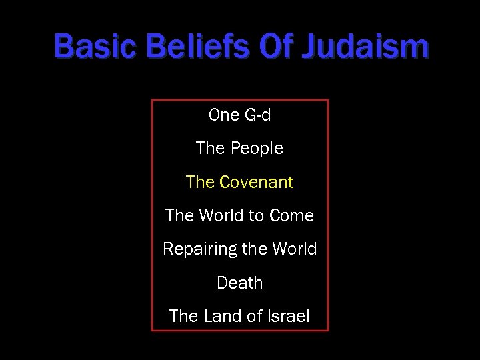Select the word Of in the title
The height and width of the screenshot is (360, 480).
click(275, 47)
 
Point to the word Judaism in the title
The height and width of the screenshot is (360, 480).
click(365, 47)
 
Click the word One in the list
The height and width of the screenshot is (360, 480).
click(224, 115)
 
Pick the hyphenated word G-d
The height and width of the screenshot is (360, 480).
click(258, 115)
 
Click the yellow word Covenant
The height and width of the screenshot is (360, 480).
click(256, 182)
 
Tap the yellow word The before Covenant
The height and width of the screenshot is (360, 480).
click(200, 182)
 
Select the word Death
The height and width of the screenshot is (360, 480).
click(240, 283)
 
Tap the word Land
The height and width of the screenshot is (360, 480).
click(221, 316)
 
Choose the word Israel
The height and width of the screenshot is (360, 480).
click(289, 316)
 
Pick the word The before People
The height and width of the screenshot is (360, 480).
click(210, 149)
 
